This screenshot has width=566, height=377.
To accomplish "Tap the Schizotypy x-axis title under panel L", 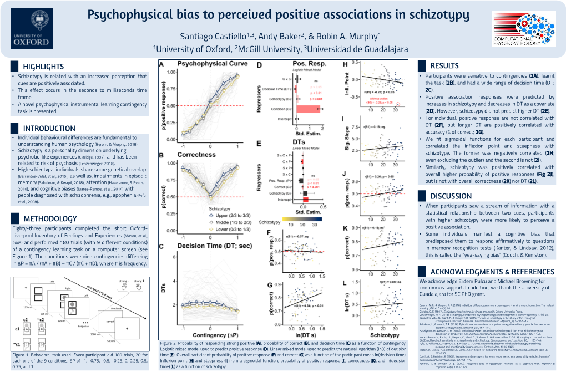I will point(383,335).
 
